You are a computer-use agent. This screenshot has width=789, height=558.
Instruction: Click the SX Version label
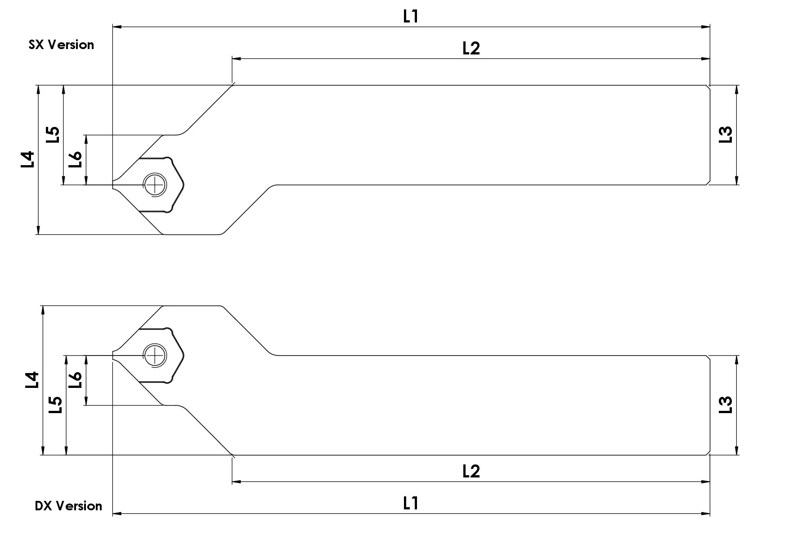(61, 45)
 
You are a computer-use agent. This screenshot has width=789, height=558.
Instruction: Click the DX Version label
(68, 506)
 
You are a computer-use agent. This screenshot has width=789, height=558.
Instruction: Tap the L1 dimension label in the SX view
(411, 17)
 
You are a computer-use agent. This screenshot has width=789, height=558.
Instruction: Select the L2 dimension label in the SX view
(471, 48)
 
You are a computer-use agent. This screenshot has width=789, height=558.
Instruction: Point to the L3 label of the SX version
(726, 135)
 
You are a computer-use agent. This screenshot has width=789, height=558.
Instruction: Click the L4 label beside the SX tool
(27, 159)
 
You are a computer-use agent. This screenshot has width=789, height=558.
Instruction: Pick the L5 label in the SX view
(53, 135)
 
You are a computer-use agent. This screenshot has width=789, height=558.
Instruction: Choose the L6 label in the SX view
(75, 159)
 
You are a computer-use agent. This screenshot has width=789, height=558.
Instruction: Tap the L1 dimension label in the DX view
(411, 503)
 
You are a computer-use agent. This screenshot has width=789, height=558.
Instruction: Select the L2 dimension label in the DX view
(471, 471)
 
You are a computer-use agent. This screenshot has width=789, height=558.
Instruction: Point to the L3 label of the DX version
(726, 405)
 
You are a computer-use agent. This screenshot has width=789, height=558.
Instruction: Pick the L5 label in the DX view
(55, 405)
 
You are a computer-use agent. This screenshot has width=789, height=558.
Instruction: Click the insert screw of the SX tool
(154, 184)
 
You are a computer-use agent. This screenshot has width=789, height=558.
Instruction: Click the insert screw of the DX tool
(154, 355)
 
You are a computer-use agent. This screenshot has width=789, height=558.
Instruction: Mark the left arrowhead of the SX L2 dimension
(235, 58)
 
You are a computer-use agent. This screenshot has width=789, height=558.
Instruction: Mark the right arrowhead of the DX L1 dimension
(706, 513)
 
